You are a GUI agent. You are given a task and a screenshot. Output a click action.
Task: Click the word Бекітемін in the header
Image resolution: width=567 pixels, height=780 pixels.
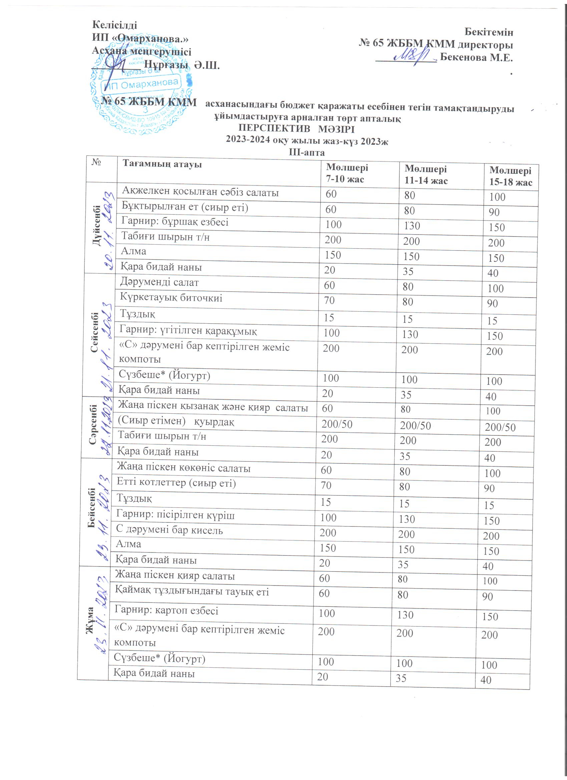pyautogui.click(x=489, y=32)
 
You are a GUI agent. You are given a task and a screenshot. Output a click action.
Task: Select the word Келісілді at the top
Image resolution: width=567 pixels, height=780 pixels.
pyautogui.click(x=114, y=25)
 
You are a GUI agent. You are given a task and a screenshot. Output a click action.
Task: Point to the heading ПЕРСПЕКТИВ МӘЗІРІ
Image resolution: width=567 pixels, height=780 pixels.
pyautogui.click(x=296, y=129)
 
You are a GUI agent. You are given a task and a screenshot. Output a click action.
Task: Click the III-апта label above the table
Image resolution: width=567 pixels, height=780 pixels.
pyautogui.click(x=307, y=152)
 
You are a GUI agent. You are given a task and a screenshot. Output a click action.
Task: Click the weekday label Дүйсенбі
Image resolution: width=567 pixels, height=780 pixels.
pyautogui.click(x=97, y=225)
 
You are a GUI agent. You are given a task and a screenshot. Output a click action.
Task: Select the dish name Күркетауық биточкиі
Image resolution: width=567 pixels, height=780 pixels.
pyautogui.click(x=171, y=297)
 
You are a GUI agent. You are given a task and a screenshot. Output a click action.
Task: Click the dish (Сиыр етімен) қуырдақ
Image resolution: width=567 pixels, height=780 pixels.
pyautogui.click(x=176, y=421)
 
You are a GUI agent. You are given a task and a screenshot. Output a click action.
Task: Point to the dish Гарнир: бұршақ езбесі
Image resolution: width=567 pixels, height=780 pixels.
pyautogui.click(x=175, y=222)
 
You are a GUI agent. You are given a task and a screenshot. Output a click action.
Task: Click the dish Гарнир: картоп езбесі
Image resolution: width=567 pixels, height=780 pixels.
pyautogui.click(x=166, y=610)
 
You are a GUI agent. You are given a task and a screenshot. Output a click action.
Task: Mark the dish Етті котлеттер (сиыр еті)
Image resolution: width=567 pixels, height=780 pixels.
pyautogui.click(x=176, y=483)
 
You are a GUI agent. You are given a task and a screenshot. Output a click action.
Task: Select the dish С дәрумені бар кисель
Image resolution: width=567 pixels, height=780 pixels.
pyautogui.click(x=169, y=530)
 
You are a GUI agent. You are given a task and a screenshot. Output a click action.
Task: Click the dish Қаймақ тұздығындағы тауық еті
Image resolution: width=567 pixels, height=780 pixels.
pyautogui.click(x=191, y=592)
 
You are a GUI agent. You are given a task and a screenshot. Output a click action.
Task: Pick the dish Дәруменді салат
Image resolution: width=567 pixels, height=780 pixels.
pyautogui.click(x=159, y=282)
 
